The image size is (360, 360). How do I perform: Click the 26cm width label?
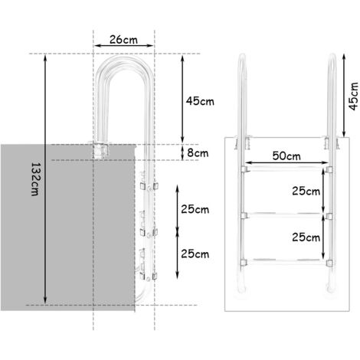point(123,40)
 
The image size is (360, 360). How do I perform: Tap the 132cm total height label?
point(34,179)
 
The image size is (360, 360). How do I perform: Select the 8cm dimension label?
point(198,152)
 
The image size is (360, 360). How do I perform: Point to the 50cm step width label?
point(286,155)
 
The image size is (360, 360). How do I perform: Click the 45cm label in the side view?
point(200,101)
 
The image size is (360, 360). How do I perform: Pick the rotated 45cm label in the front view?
point(354,96)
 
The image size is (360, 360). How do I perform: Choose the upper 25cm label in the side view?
point(195,209)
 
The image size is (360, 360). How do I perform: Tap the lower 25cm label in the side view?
point(195,254)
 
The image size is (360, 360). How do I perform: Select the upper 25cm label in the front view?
point(306,191)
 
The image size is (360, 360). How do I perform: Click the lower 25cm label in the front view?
point(306,237)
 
